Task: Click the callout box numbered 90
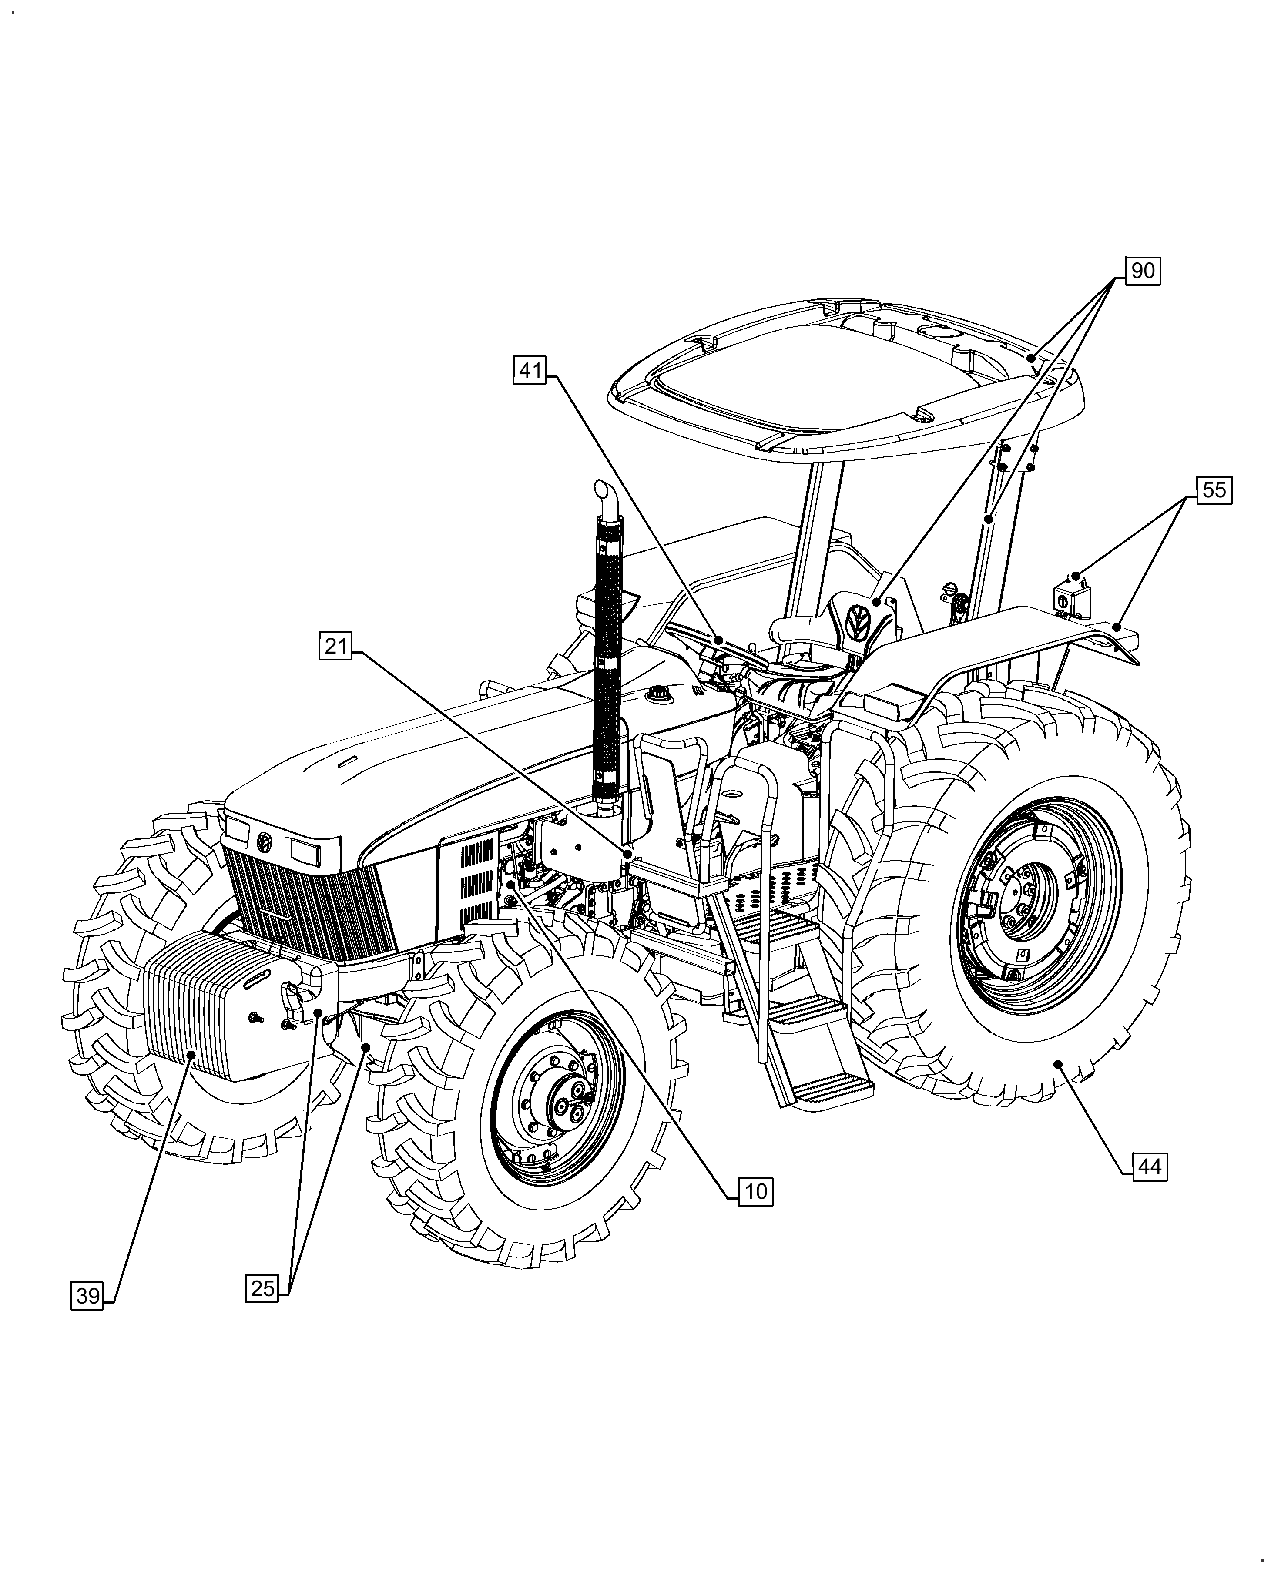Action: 1143,271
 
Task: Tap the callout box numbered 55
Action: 1214,490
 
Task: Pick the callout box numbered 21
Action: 335,647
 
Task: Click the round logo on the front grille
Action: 264,842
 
